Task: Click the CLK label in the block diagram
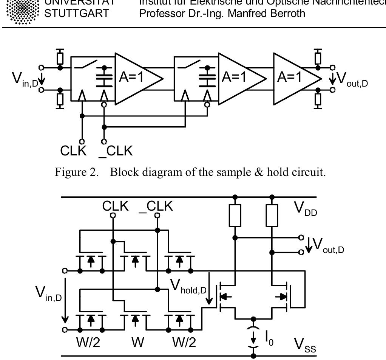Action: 73,151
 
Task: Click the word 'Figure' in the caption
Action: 69,172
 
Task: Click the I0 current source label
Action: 269,334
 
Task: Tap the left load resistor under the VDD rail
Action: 235,216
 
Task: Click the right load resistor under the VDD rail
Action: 272,216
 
